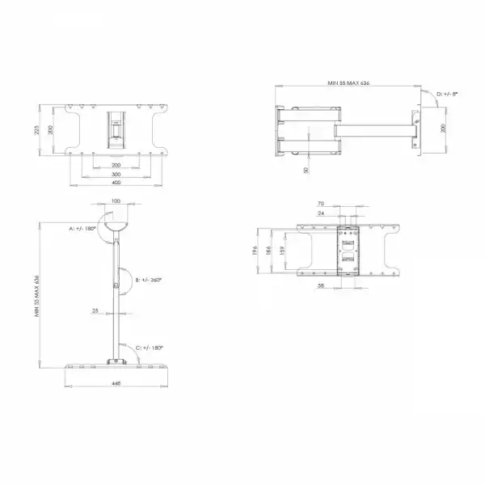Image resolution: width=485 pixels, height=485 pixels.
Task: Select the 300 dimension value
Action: click(116, 174)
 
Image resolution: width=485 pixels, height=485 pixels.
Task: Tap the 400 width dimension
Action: click(116, 183)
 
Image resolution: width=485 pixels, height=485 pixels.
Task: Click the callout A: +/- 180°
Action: click(82, 229)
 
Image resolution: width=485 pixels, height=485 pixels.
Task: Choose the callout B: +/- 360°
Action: click(150, 279)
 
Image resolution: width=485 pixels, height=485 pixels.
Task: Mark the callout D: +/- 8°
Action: click(447, 95)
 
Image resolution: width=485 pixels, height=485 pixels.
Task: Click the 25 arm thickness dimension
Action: click(96, 310)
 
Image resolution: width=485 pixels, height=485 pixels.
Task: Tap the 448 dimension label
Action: click(116, 384)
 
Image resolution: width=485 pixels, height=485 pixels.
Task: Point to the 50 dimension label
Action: click(306, 170)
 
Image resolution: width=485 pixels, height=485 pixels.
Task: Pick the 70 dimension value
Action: click(343, 205)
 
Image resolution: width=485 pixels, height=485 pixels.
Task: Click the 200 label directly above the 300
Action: click(116, 165)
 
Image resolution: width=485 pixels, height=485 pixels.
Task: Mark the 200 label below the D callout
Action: click(442, 129)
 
